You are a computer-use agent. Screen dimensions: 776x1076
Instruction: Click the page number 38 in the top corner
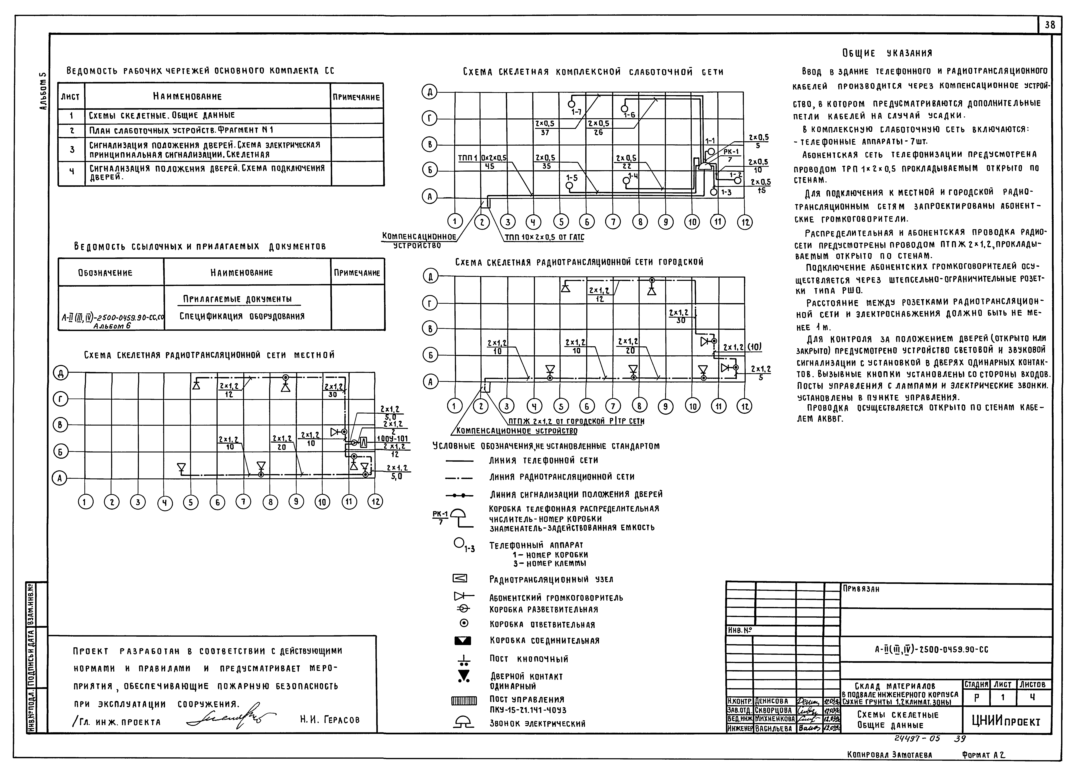(x=1049, y=25)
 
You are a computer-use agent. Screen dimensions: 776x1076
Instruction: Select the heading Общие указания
(x=887, y=53)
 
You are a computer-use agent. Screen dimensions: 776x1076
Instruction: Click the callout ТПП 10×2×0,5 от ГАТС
(x=544, y=237)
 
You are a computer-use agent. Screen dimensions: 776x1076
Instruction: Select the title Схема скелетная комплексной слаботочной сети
(x=593, y=72)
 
